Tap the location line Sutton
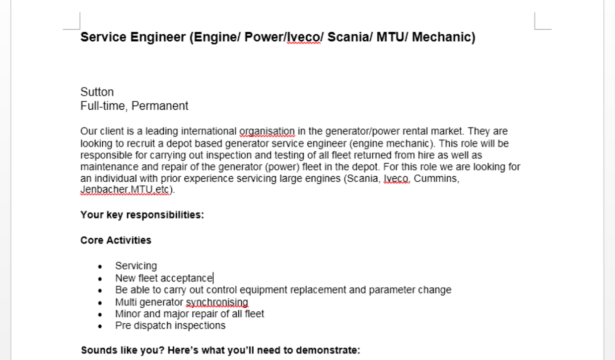tap(97, 92)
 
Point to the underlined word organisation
tap(267, 132)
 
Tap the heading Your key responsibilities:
tap(142, 215)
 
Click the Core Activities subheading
tap(116, 240)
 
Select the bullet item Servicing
tap(136, 266)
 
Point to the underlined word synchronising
tap(217, 302)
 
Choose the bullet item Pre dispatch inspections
tap(170, 326)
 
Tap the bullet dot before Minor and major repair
tap(101, 314)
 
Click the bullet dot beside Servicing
tap(101, 267)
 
